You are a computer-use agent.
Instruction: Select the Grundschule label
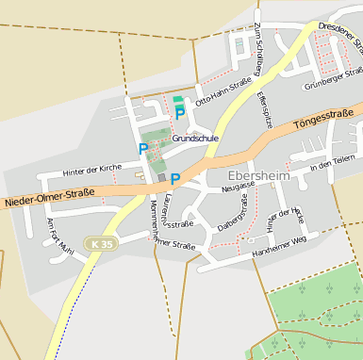click(195, 138)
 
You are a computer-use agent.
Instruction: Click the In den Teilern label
click(333, 164)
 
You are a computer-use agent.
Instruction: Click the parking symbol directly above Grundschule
click(179, 114)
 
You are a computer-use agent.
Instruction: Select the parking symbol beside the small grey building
click(174, 178)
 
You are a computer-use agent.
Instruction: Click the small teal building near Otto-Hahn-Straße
click(178, 99)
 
